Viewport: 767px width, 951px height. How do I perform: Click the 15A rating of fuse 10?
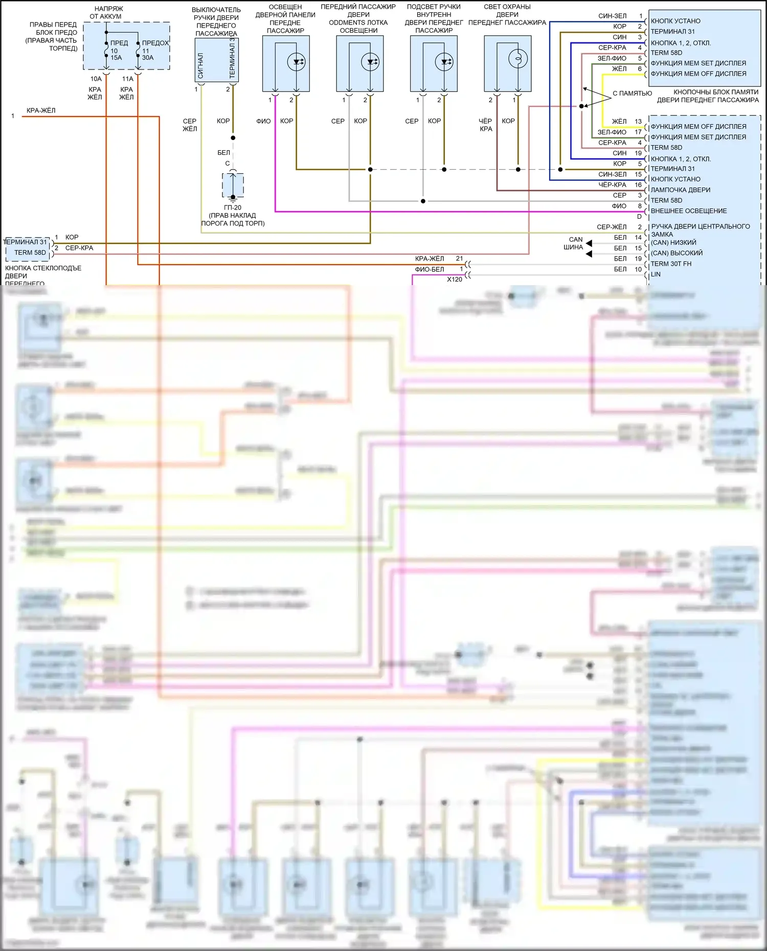(x=116, y=58)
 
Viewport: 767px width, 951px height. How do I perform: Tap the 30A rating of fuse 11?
(x=148, y=58)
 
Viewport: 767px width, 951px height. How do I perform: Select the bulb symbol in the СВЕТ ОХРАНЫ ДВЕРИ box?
(x=517, y=59)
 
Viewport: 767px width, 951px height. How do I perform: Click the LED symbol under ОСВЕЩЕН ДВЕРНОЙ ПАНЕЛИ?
(x=296, y=62)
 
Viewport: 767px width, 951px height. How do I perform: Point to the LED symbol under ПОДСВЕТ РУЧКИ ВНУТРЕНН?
(x=444, y=62)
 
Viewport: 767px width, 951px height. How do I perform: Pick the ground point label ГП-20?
(x=233, y=207)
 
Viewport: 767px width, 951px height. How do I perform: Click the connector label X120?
(x=454, y=280)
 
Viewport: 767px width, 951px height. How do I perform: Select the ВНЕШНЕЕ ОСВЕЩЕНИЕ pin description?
(x=688, y=211)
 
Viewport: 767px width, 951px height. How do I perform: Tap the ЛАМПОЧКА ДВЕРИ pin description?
(x=680, y=190)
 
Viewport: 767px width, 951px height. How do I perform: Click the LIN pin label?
(x=656, y=274)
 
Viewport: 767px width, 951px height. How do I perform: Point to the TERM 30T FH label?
(x=671, y=264)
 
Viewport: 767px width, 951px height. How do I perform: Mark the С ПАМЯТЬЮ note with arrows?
(x=632, y=94)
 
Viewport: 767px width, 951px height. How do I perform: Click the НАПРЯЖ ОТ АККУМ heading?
(x=106, y=13)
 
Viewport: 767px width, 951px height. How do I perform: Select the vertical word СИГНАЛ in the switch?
(x=200, y=65)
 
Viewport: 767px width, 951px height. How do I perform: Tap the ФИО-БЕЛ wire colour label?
(x=430, y=269)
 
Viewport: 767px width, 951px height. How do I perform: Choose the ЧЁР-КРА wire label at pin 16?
(x=612, y=185)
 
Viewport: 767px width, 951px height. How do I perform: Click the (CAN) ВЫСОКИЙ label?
(x=676, y=253)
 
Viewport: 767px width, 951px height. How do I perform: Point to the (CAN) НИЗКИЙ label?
(x=673, y=243)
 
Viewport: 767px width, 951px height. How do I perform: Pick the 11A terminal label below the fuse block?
(x=127, y=79)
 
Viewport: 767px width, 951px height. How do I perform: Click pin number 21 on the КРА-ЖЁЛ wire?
(x=459, y=259)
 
